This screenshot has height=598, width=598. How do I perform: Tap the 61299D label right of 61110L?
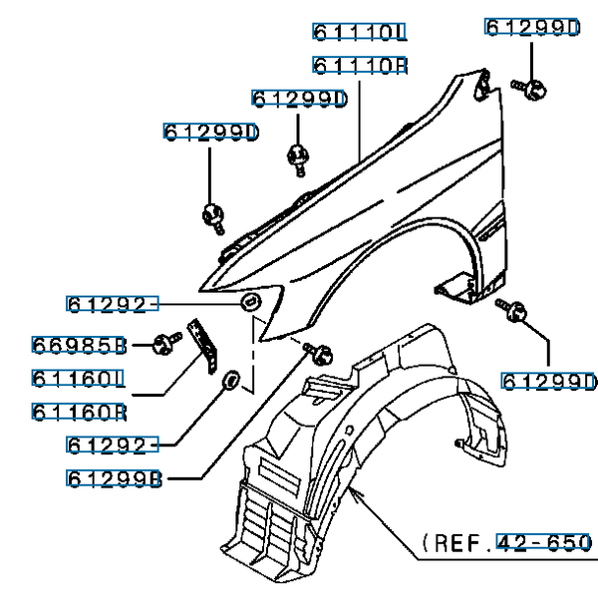(532, 27)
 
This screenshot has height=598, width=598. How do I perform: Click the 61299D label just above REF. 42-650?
(548, 382)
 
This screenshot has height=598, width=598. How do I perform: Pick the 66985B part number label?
(79, 346)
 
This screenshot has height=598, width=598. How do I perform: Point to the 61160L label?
(79, 379)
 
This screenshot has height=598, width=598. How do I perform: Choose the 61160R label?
(79, 412)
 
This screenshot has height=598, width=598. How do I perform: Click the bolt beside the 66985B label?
(162, 346)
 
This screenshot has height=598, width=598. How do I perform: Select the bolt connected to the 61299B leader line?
(320, 352)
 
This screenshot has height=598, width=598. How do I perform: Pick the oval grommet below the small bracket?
(228, 379)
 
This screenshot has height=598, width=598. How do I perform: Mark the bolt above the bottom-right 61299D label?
(517, 313)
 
